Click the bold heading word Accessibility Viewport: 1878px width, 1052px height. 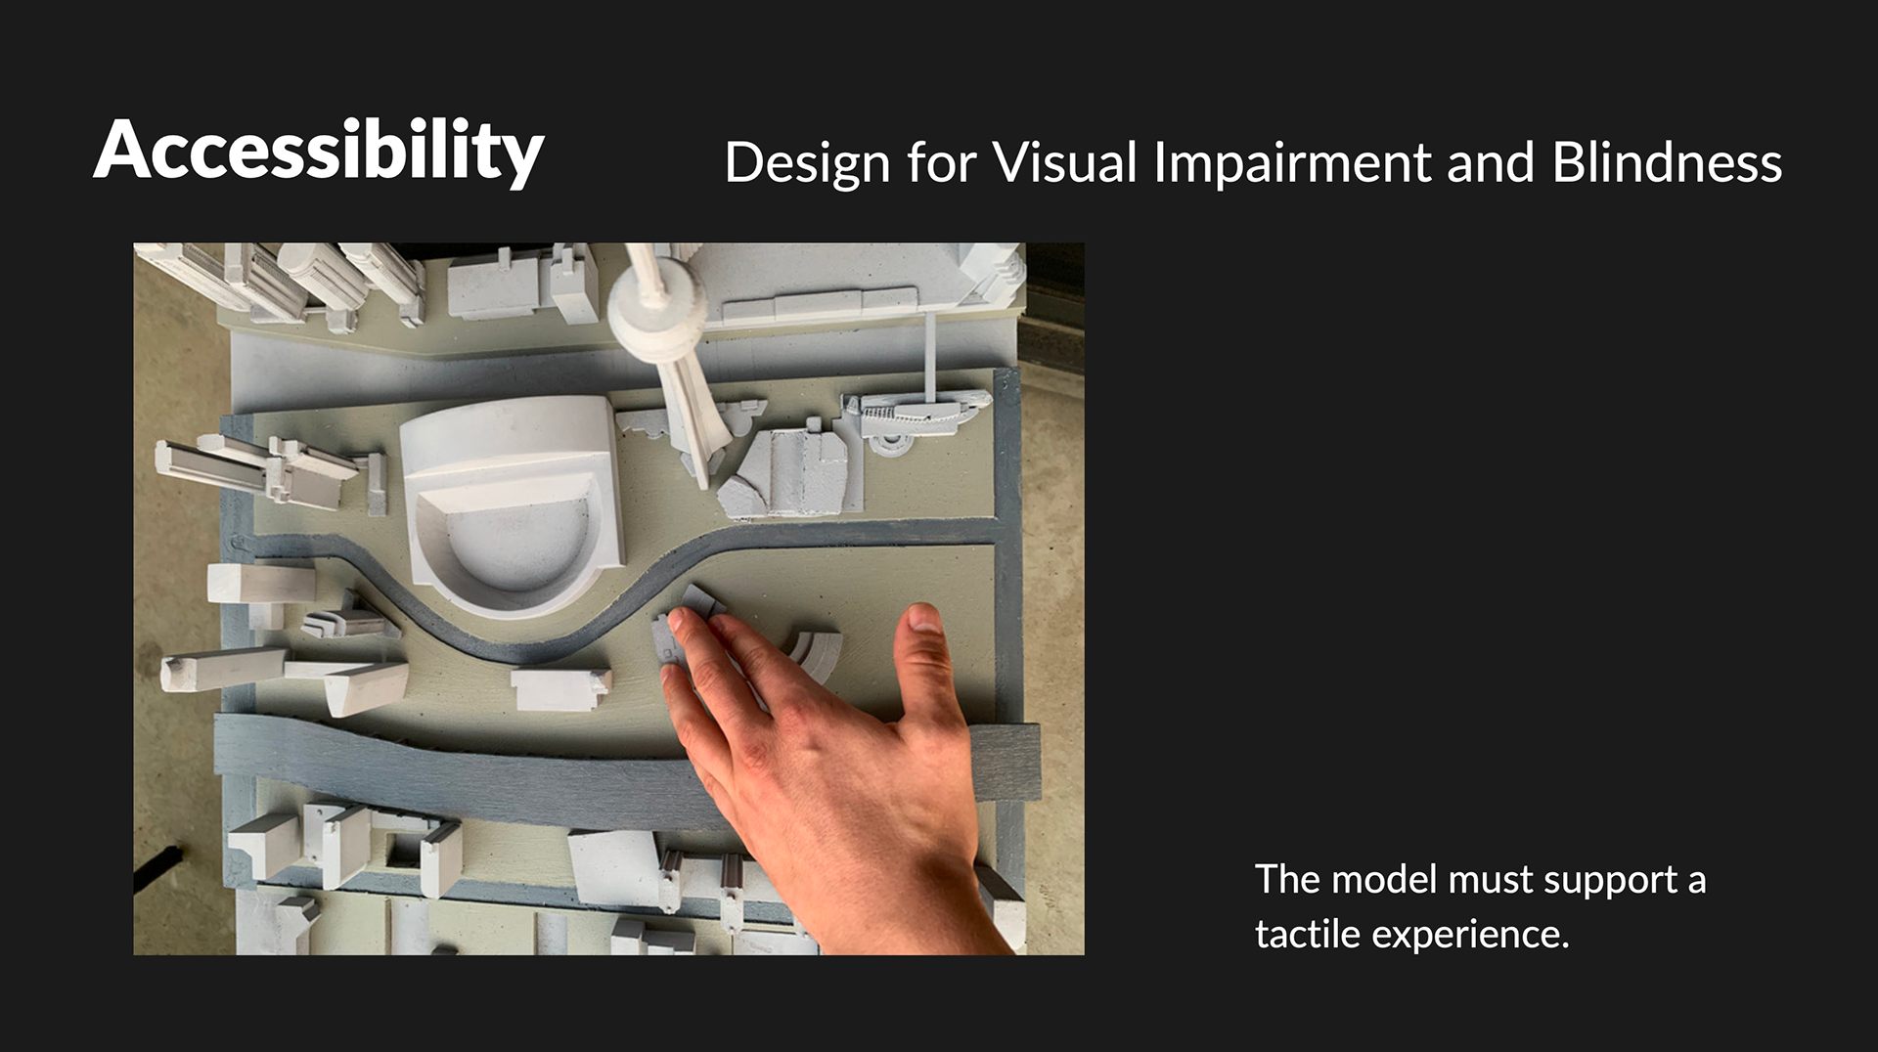[x=319, y=152]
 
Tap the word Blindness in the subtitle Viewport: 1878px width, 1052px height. [x=1666, y=161]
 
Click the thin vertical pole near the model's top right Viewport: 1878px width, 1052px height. [x=930, y=356]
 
